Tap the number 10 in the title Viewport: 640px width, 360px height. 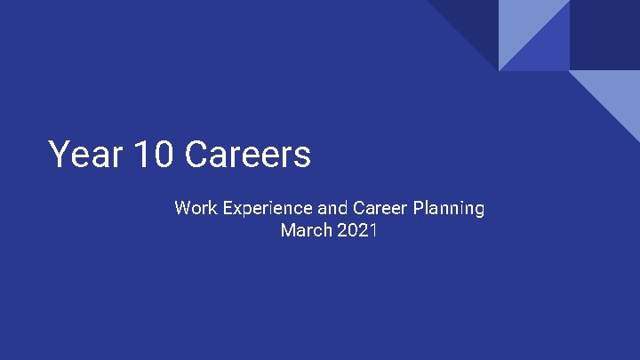155,155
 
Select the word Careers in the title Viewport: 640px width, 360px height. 248,155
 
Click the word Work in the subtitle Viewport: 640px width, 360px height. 195,209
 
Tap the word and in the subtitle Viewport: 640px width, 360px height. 332,209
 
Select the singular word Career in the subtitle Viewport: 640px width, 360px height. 380,209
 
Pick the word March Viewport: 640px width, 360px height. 305,231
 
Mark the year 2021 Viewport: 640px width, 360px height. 357,231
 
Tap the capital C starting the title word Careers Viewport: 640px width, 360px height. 197,155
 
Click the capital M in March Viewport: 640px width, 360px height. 288,231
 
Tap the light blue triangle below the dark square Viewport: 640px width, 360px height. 617,94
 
